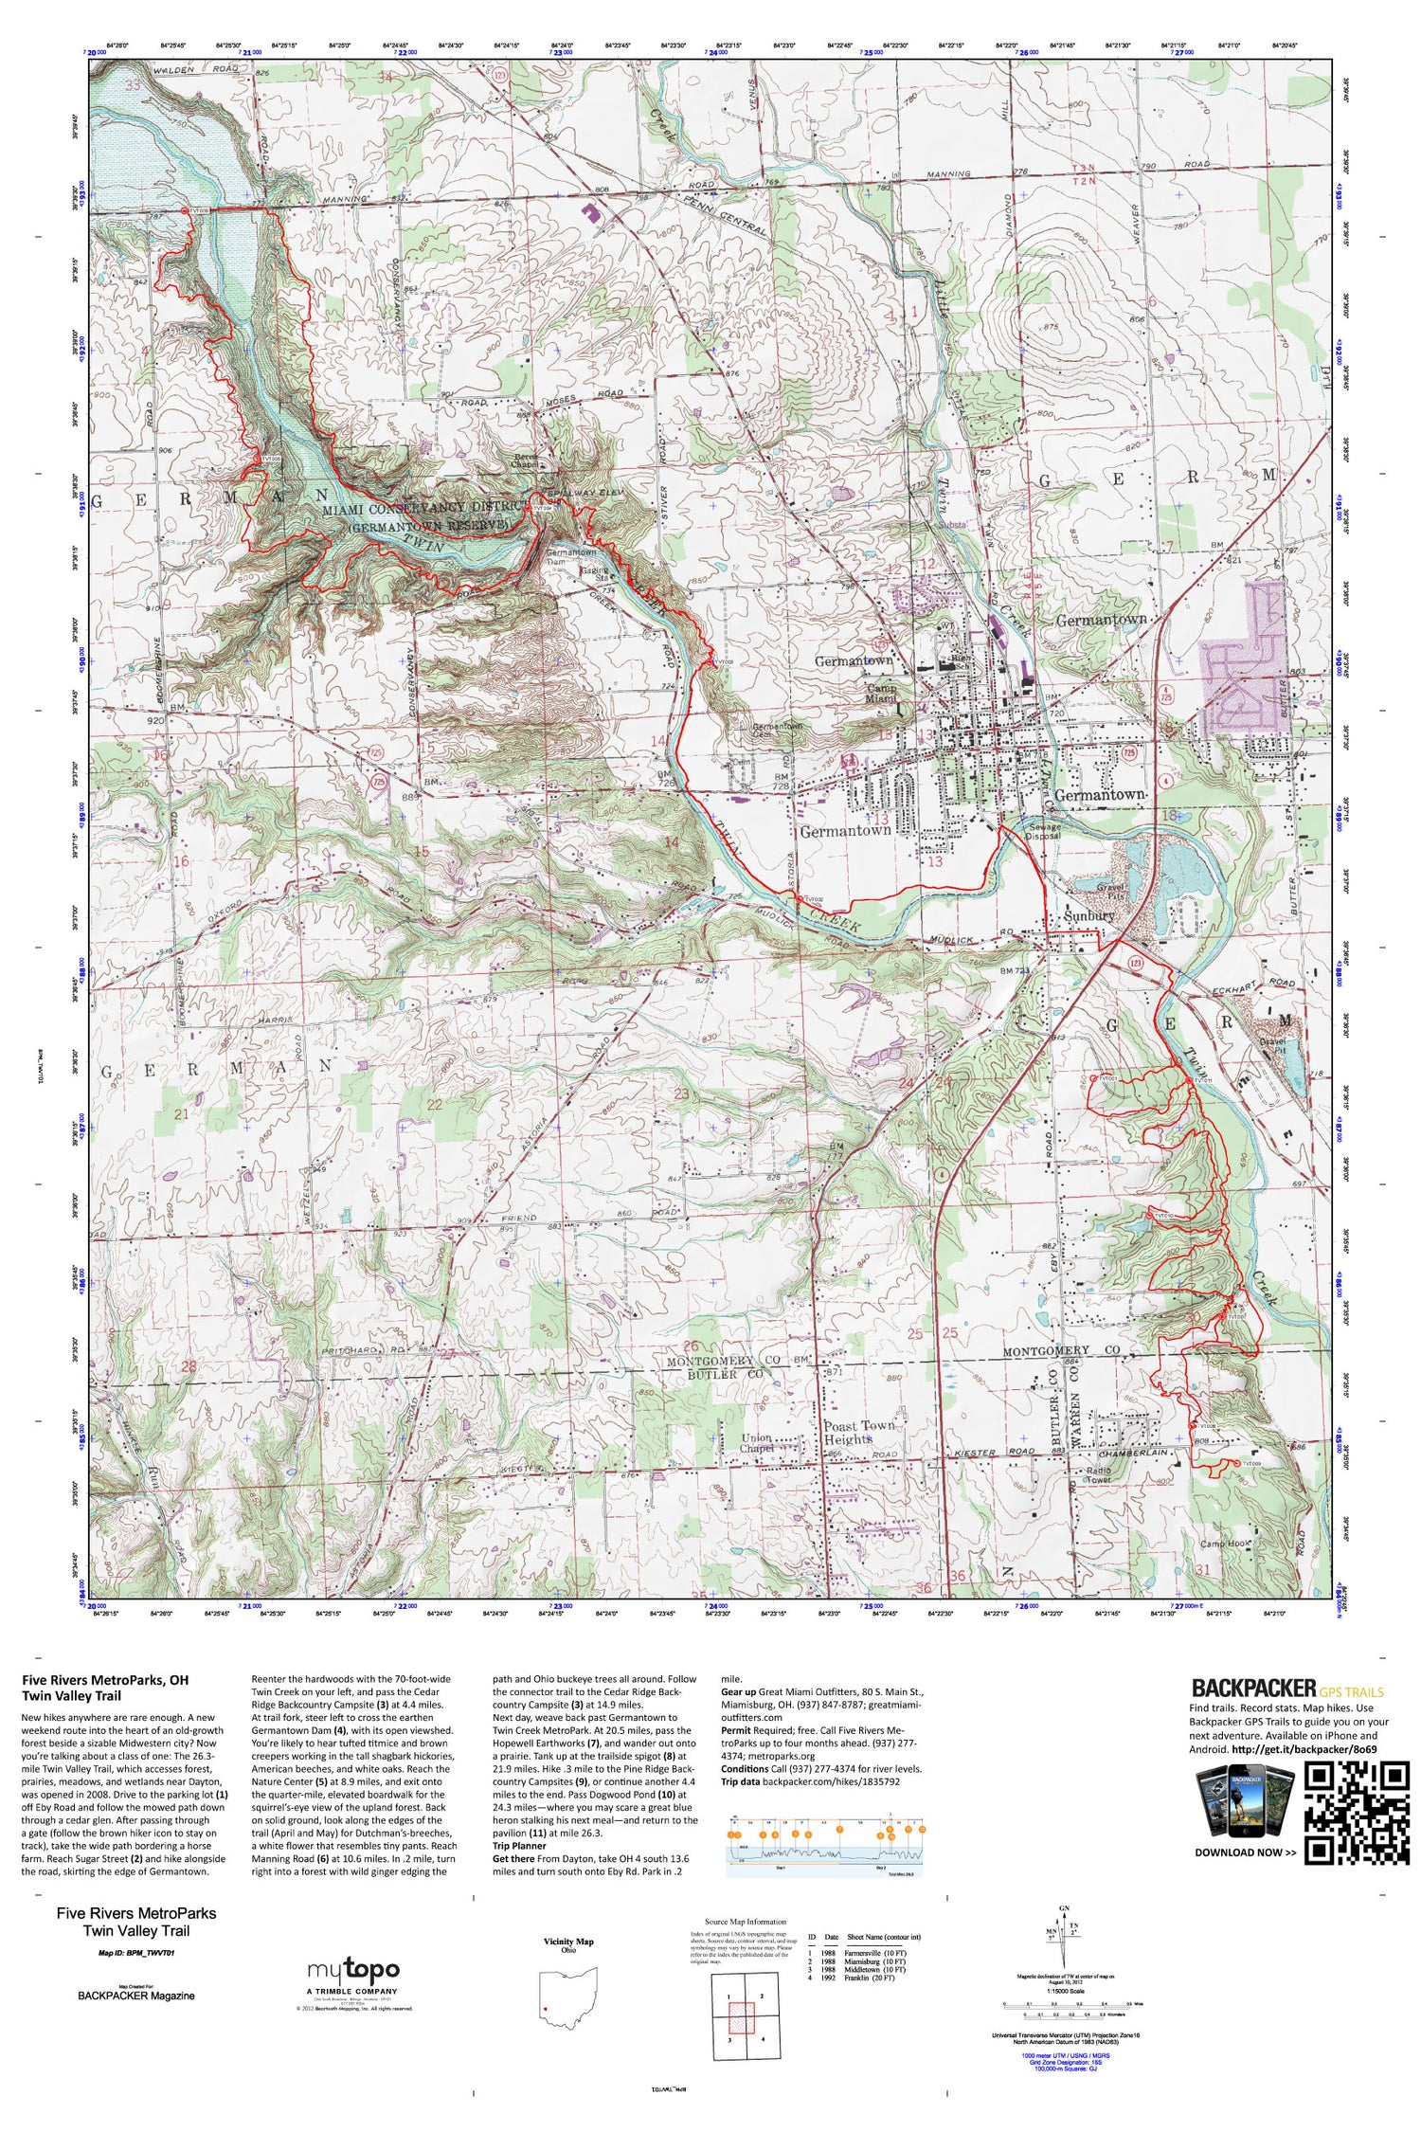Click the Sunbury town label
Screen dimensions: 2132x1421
pyautogui.click(x=1088, y=917)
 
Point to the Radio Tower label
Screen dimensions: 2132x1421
pyautogui.click(x=1099, y=1475)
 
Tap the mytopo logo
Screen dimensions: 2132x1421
pyautogui.click(x=352, y=1970)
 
